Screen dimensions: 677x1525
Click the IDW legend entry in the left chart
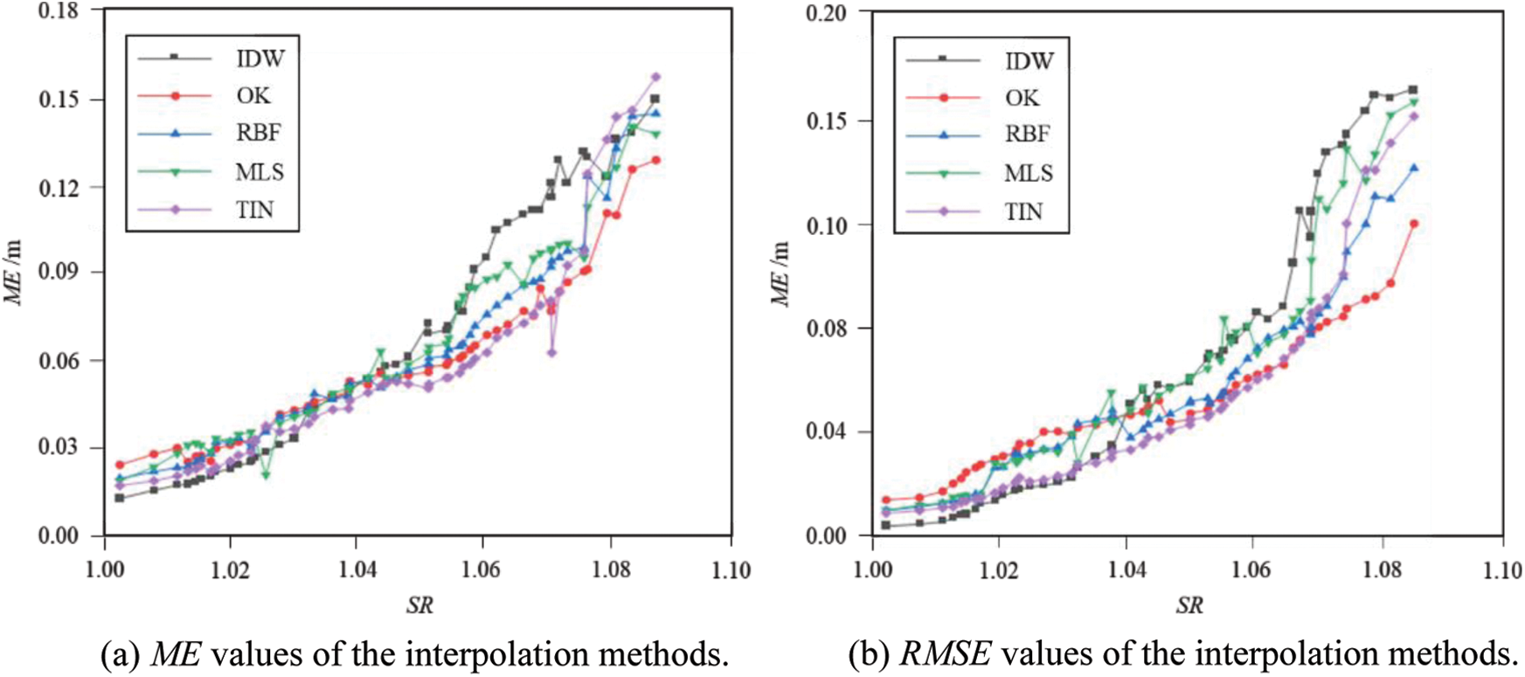(260, 59)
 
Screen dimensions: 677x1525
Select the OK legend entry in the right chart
(1022, 98)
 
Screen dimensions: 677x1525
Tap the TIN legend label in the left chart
(254, 210)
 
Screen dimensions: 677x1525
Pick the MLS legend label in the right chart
(1028, 173)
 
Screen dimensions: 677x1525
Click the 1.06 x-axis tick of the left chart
(482, 570)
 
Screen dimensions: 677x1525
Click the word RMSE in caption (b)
(925, 653)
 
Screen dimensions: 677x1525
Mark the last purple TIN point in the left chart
(655, 77)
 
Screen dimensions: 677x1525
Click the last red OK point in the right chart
(1414, 224)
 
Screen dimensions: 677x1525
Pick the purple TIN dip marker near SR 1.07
(551, 352)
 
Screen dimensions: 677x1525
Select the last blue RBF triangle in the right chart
(1414, 168)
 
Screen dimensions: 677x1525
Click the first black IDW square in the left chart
(119, 498)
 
